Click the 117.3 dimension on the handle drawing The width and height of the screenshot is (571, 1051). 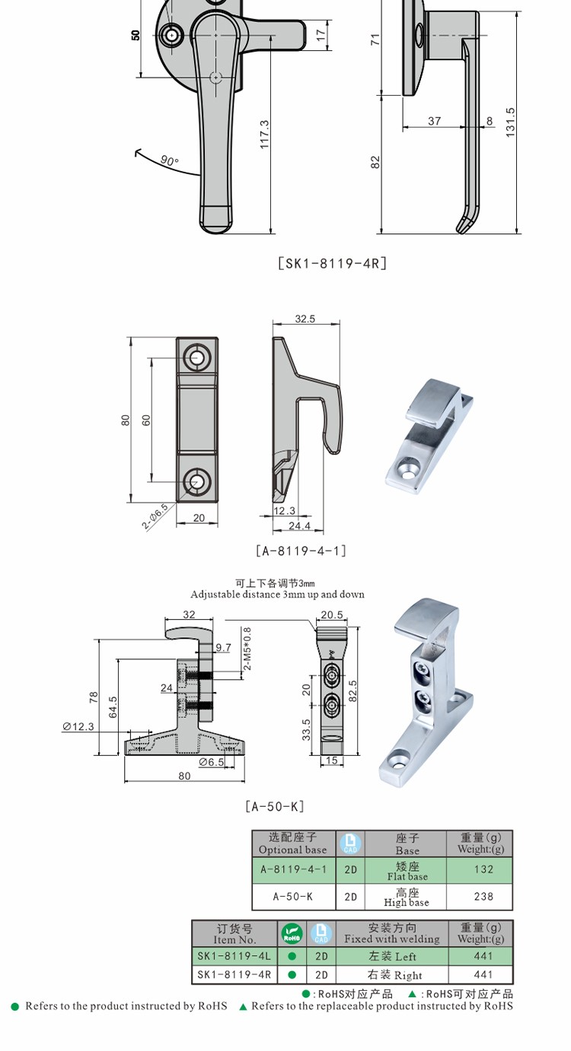[x=264, y=134]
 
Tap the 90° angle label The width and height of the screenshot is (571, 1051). [x=169, y=160]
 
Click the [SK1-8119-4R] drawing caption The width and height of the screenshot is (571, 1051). [x=332, y=264]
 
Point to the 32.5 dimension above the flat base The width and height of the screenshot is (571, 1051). [x=305, y=319]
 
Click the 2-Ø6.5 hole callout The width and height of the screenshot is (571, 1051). [x=155, y=517]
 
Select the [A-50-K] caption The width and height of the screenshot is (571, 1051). [x=274, y=806]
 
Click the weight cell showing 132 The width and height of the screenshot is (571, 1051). [x=483, y=869]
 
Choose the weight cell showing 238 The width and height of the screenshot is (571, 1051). [x=483, y=897]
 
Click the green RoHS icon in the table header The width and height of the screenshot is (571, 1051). [x=292, y=933]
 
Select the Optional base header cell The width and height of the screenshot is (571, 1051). [x=292, y=843]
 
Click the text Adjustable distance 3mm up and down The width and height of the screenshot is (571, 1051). [x=277, y=594]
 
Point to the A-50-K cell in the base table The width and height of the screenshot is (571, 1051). [x=292, y=897]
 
